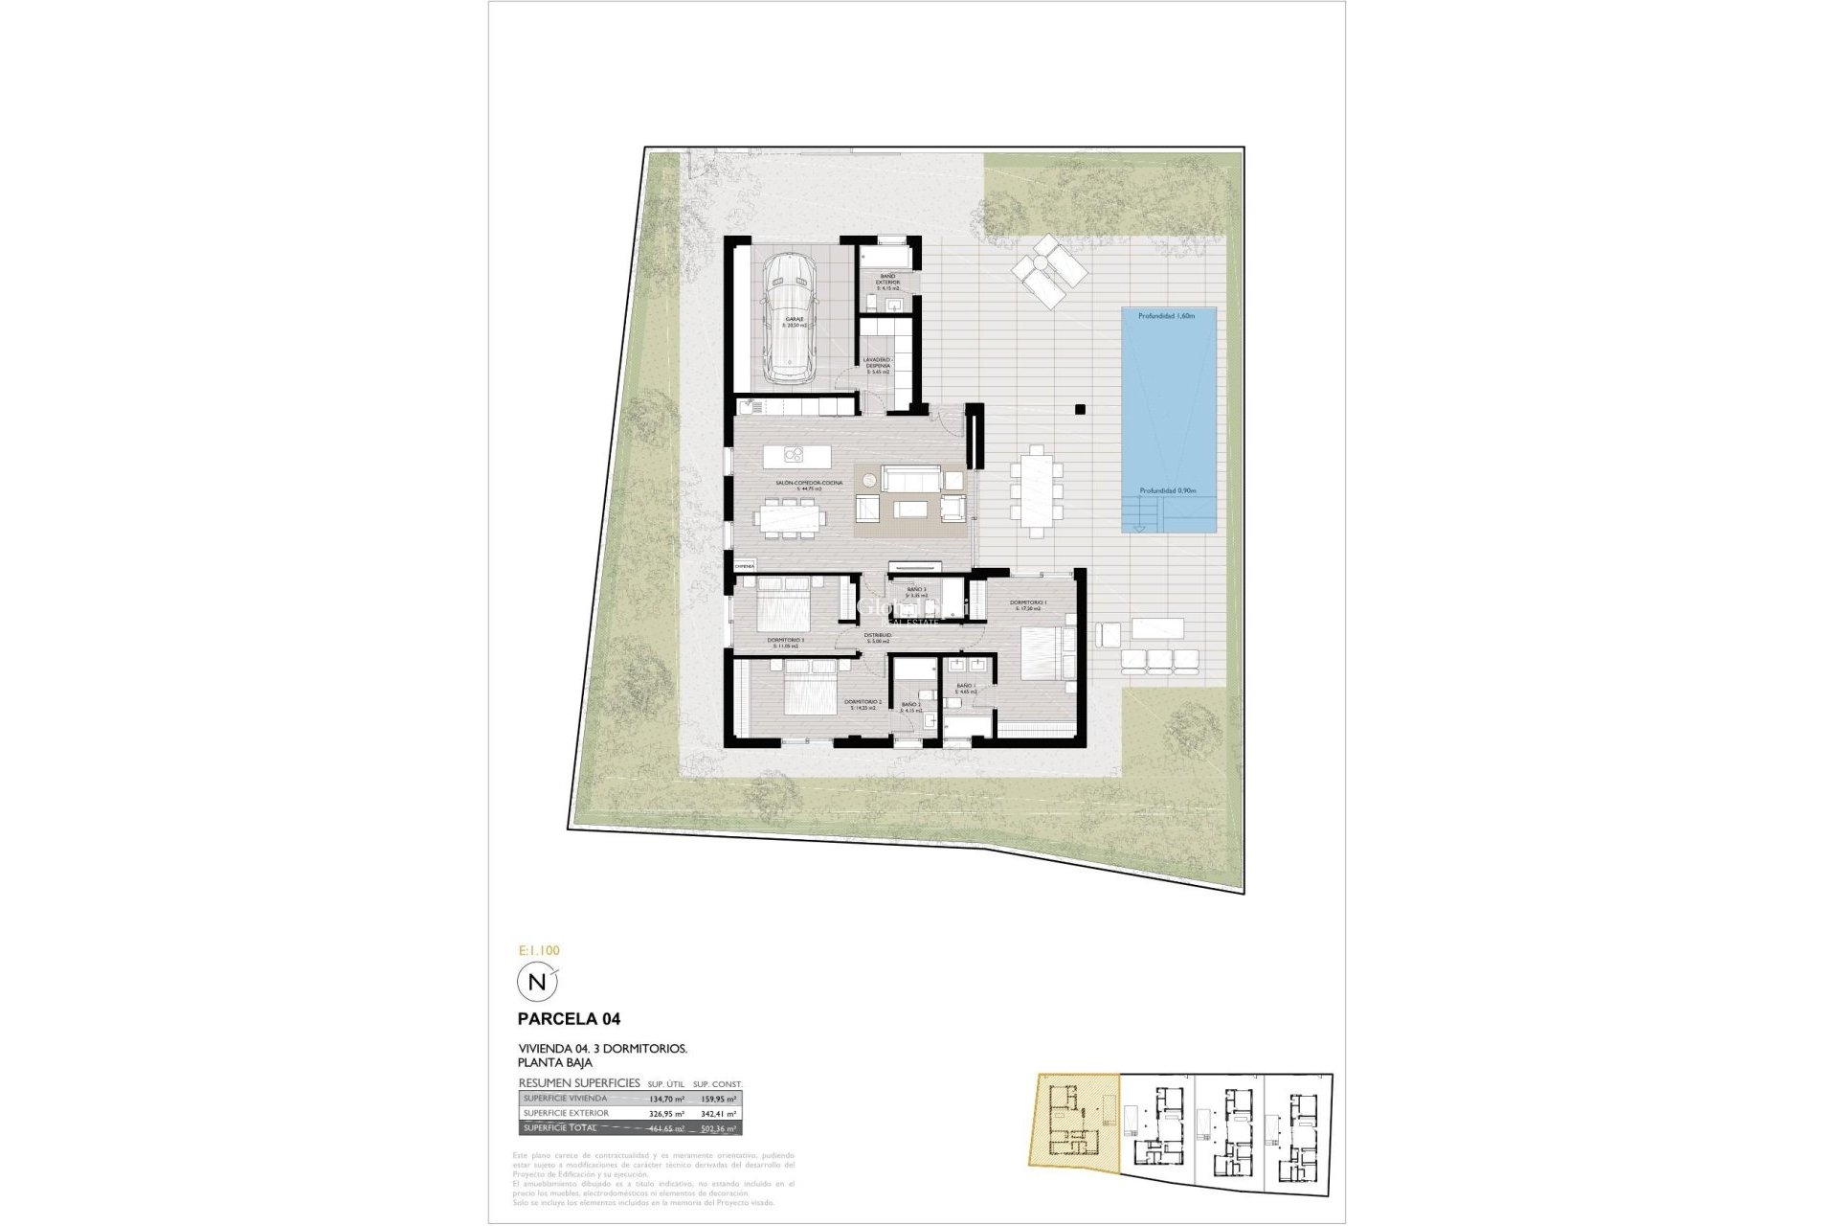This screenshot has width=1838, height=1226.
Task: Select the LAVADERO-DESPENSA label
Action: pyautogui.click(x=878, y=364)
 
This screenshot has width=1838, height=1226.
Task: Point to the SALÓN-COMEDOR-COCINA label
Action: pyautogui.click(x=809, y=484)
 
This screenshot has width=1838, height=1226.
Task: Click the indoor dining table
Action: pyautogui.click(x=790, y=518)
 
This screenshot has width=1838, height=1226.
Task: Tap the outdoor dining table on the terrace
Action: pyautogui.click(x=1036, y=488)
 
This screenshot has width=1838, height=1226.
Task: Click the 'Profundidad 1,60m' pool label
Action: pyautogui.click(x=1168, y=315)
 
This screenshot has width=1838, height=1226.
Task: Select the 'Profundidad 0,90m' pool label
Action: pyautogui.click(x=1168, y=490)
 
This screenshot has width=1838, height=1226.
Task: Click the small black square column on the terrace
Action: pyautogui.click(x=1080, y=409)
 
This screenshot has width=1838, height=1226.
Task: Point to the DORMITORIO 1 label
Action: pyautogui.click(x=1028, y=602)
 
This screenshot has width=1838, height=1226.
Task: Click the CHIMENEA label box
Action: pyautogui.click(x=745, y=566)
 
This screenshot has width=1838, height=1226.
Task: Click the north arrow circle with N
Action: pyautogui.click(x=536, y=982)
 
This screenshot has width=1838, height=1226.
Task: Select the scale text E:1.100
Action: pyautogui.click(x=538, y=951)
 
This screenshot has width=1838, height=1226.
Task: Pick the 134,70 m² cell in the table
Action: pyautogui.click(x=666, y=1100)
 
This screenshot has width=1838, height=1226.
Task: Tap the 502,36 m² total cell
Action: pyautogui.click(x=718, y=1128)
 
